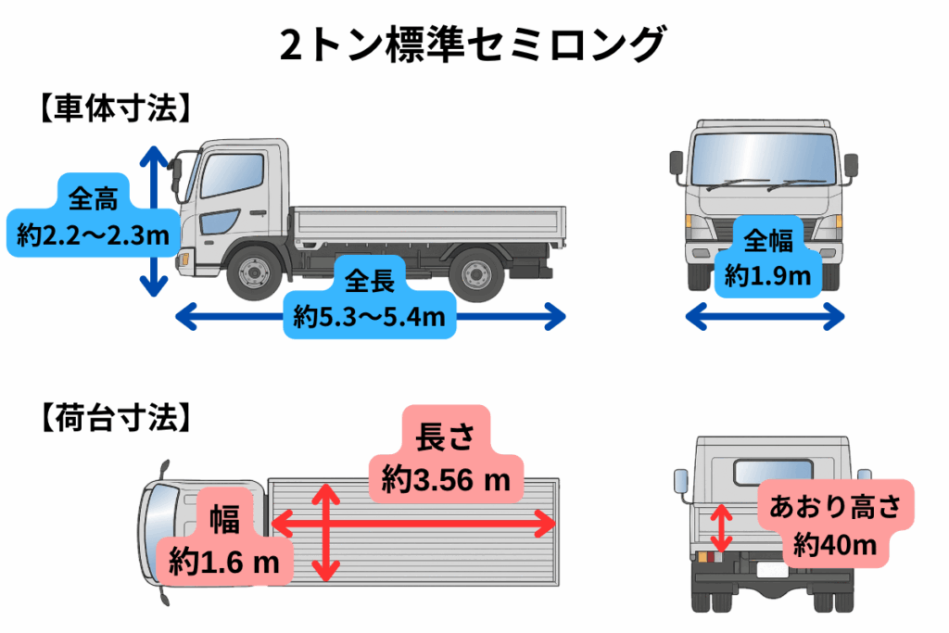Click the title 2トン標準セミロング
(x=474, y=44)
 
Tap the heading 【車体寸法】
(x=115, y=109)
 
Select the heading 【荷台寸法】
(x=115, y=418)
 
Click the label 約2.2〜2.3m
(x=94, y=234)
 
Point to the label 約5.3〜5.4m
(x=369, y=317)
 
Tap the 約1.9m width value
(x=767, y=276)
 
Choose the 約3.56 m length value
(x=446, y=480)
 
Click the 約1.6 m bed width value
(x=224, y=563)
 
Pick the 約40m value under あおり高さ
(x=835, y=545)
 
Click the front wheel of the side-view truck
(x=254, y=272)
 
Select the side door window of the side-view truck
(x=232, y=175)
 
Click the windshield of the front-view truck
(x=764, y=158)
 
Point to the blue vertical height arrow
(x=154, y=222)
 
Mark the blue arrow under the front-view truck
(x=765, y=317)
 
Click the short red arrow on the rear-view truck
(x=721, y=528)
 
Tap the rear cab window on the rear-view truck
(x=773, y=472)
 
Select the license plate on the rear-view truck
(x=773, y=570)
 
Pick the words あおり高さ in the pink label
(x=835, y=507)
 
